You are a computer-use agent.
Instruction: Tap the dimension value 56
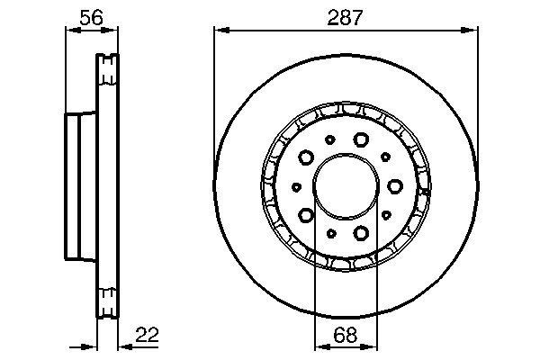[87, 15]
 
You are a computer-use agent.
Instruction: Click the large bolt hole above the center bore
[362, 139]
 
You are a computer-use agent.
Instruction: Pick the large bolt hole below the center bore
[362, 234]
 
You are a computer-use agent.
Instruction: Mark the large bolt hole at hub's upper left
[306, 157]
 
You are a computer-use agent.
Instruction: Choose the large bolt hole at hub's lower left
[306, 215]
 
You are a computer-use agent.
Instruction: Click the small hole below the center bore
[331, 234]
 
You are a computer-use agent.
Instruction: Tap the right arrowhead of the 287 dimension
[472, 30]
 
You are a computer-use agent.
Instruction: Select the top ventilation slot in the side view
[107, 65]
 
